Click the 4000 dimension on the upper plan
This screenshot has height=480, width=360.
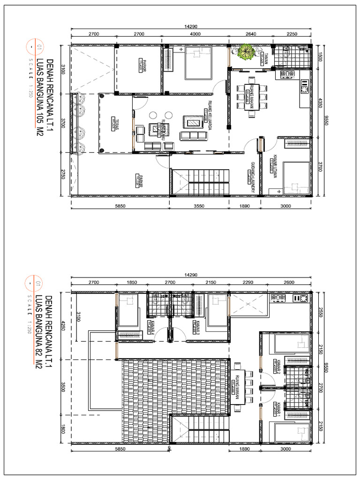tap(195, 34)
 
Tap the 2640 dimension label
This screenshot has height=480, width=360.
tap(250, 34)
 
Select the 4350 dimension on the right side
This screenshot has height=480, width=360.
tap(321, 102)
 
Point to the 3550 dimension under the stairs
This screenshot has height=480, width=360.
tap(199, 206)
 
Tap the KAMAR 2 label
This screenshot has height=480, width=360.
tap(278, 365)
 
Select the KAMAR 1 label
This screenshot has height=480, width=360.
tap(278, 409)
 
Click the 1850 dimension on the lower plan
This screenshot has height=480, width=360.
tap(131, 283)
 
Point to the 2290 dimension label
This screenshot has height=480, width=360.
tap(247, 283)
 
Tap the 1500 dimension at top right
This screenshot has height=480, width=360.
tap(321, 57)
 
